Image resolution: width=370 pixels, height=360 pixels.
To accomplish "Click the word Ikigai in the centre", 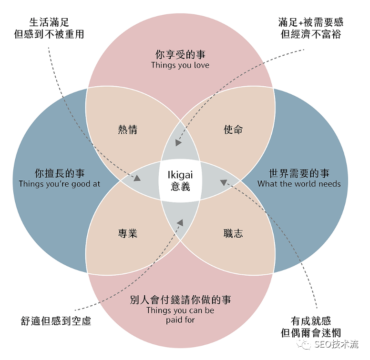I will click(180, 175).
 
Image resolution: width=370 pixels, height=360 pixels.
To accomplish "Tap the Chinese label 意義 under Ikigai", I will click(180, 186).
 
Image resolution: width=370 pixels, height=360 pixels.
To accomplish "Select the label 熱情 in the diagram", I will click(128, 130).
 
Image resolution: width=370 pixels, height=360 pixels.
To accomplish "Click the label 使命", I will click(233, 130).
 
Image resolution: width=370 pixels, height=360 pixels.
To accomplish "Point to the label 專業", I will click(128, 233).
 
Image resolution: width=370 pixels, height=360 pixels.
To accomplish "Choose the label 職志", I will click(233, 233).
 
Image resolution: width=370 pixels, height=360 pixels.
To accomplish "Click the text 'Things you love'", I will click(180, 65).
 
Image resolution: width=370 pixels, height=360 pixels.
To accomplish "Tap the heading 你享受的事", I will click(180, 54).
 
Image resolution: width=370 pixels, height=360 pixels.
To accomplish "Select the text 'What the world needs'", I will click(299, 184).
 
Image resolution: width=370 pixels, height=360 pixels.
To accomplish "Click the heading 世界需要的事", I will click(299, 173).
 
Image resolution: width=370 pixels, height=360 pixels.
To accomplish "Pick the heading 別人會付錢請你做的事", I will click(180, 300).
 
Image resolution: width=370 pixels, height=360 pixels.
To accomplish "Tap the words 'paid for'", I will click(180, 320).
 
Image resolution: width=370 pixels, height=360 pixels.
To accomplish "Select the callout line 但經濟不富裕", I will click(310, 34).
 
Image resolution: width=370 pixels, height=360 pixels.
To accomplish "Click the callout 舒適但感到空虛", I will click(56, 320).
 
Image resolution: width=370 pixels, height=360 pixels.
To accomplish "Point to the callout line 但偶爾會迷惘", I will click(310, 332).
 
